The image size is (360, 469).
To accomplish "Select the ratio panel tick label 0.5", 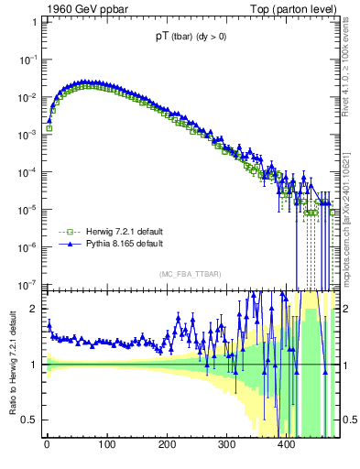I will [x=30, y=420].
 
